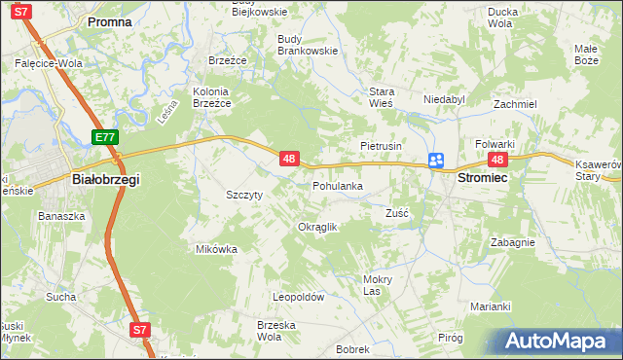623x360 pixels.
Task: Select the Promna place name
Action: click(x=109, y=20)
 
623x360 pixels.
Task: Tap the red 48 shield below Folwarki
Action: click(x=498, y=160)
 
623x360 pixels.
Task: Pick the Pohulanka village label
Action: click(x=337, y=185)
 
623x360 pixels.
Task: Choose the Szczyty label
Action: click(x=244, y=195)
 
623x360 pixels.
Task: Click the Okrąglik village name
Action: click(x=316, y=227)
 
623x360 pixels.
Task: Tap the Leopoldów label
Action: click(x=298, y=298)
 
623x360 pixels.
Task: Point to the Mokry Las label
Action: click(x=377, y=284)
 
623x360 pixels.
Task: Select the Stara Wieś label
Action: click(x=381, y=98)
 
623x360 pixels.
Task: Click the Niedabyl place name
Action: click(x=445, y=98)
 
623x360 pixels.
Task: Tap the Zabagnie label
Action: click(x=512, y=242)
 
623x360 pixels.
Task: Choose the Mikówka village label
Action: click(x=217, y=249)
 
